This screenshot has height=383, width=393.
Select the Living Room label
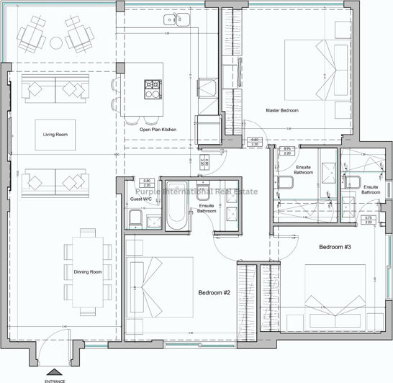pyautogui.click(x=55, y=135)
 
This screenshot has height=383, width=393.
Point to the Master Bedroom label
pyautogui.click(x=281, y=110)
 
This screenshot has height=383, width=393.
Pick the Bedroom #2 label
pyautogui.click(x=213, y=293)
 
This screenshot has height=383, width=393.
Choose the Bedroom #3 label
pyautogui.click(x=335, y=248)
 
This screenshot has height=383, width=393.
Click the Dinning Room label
pyautogui.click(x=87, y=271)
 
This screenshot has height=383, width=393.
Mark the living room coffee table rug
pyautogui.click(x=55, y=135)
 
